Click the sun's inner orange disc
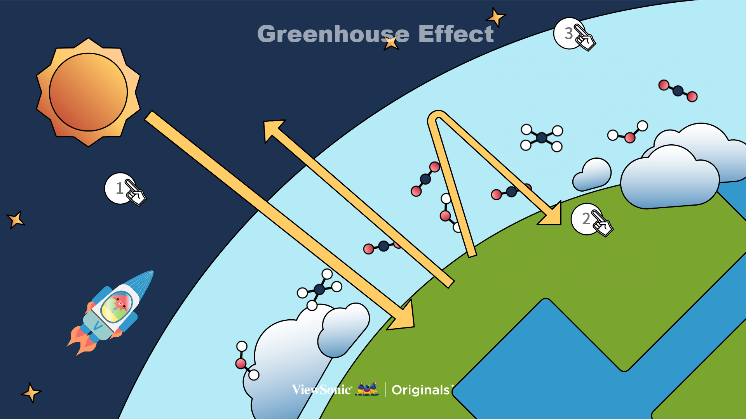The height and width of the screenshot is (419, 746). click(x=88, y=92)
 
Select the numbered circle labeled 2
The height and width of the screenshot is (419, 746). click(x=587, y=219)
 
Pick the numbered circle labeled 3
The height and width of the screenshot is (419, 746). click(x=569, y=33)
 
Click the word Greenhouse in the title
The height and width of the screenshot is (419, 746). click(x=333, y=34)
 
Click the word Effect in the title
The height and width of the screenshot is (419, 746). click(x=456, y=34)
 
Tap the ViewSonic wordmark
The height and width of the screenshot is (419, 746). click(x=322, y=390)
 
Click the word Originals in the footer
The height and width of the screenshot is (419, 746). click(x=421, y=390)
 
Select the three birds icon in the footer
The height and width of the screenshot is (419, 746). click(x=367, y=389)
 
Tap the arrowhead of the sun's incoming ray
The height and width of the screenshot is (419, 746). click(x=403, y=317)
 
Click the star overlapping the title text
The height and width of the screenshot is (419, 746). click(x=391, y=42)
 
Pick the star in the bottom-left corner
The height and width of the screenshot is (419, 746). click(x=31, y=393)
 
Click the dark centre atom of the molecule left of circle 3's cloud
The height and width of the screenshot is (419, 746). click(x=542, y=137)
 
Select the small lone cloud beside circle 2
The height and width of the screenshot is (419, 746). click(x=592, y=175)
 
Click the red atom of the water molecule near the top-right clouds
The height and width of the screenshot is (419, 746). click(x=630, y=137)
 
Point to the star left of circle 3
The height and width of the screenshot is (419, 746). click(x=495, y=17)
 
